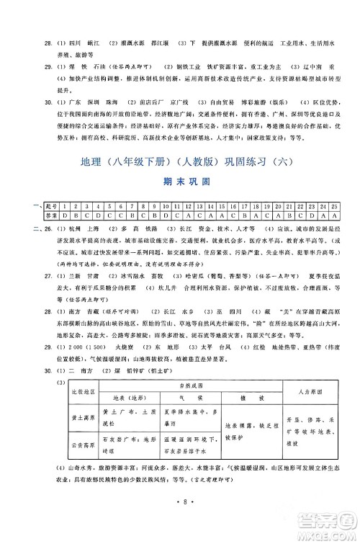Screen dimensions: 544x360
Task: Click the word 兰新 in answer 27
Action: coord(72,294)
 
